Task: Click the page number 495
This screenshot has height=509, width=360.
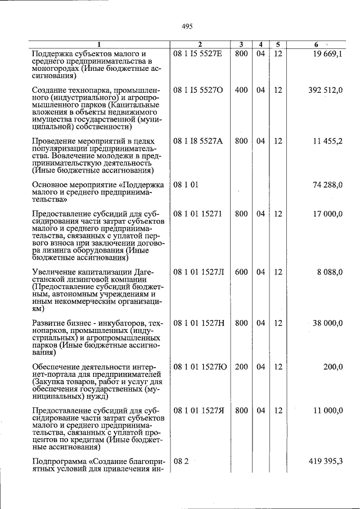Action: click(187, 25)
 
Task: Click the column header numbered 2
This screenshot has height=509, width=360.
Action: click(200, 44)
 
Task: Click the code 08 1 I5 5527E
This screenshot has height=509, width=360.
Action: click(198, 54)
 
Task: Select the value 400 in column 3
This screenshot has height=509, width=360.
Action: click(241, 90)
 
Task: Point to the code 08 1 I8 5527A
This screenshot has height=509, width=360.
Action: click(198, 141)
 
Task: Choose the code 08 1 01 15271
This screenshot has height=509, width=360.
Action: click(197, 214)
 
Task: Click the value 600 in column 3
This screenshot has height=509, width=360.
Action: click(241, 272)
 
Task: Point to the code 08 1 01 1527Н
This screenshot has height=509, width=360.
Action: click(199, 323)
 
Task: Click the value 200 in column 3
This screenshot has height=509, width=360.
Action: click(241, 367)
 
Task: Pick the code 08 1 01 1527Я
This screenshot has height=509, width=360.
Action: click(199, 411)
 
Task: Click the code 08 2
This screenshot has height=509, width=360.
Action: click(180, 462)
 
